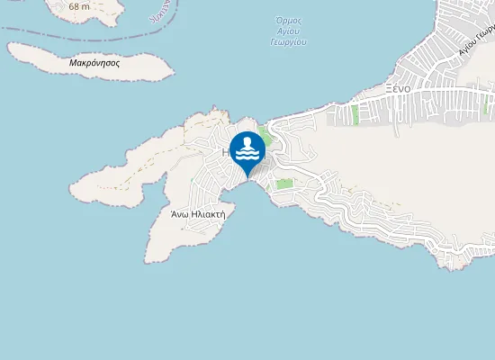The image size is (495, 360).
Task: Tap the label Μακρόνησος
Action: pyautogui.click(x=94, y=64)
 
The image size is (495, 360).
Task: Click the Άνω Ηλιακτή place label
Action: pyautogui.click(x=197, y=214)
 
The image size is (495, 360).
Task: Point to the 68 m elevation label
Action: pyautogui.click(x=78, y=6)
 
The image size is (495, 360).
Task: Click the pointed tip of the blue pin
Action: pyautogui.click(x=247, y=175)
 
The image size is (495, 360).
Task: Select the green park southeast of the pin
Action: pyautogui.click(x=284, y=184)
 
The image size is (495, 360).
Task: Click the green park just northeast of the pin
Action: pyautogui.click(x=265, y=137)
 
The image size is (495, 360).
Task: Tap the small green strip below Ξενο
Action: pyautogui.click(x=355, y=114)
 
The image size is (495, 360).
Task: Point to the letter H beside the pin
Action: pyautogui.click(x=226, y=153)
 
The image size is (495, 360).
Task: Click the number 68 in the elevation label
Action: pyautogui.click(x=74, y=6)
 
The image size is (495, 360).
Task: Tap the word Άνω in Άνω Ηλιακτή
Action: pyautogui.click(x=179, y=214)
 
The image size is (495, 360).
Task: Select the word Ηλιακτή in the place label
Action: pyautogui.click(x=206, y=214)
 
